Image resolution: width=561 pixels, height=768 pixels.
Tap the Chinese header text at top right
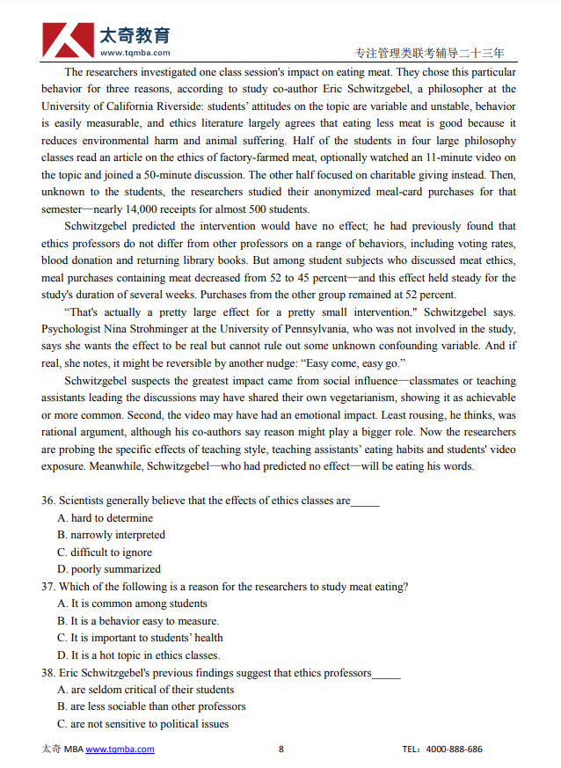pos(429,53)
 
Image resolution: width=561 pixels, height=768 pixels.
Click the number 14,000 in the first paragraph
pos(162,209)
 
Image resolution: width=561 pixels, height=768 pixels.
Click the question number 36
pos(48,501)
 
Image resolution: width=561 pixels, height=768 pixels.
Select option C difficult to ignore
pos(105,552)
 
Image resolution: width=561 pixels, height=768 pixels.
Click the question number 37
pos(48,587)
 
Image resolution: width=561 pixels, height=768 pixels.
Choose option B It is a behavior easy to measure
pos(138,621)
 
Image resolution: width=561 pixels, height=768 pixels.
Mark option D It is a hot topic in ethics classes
pos(138,655)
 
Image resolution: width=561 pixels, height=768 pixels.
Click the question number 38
pos(48,673)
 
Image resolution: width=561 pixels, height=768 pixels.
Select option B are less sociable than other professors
pos(151,706)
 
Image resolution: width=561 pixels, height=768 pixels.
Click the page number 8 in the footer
pos(281,750)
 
